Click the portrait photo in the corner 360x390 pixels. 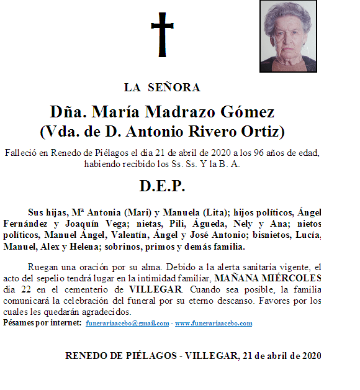tap(285, 37)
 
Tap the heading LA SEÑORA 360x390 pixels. tap(162, 87)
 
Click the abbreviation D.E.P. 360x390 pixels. tap(162, 186)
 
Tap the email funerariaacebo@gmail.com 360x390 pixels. tap(127, 324)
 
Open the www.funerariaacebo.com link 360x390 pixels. tap(214, 324)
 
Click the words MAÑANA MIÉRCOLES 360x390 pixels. tap(269, 278)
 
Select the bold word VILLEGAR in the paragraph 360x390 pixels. tap(156, 289)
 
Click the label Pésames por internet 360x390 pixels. tap(42, 324)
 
